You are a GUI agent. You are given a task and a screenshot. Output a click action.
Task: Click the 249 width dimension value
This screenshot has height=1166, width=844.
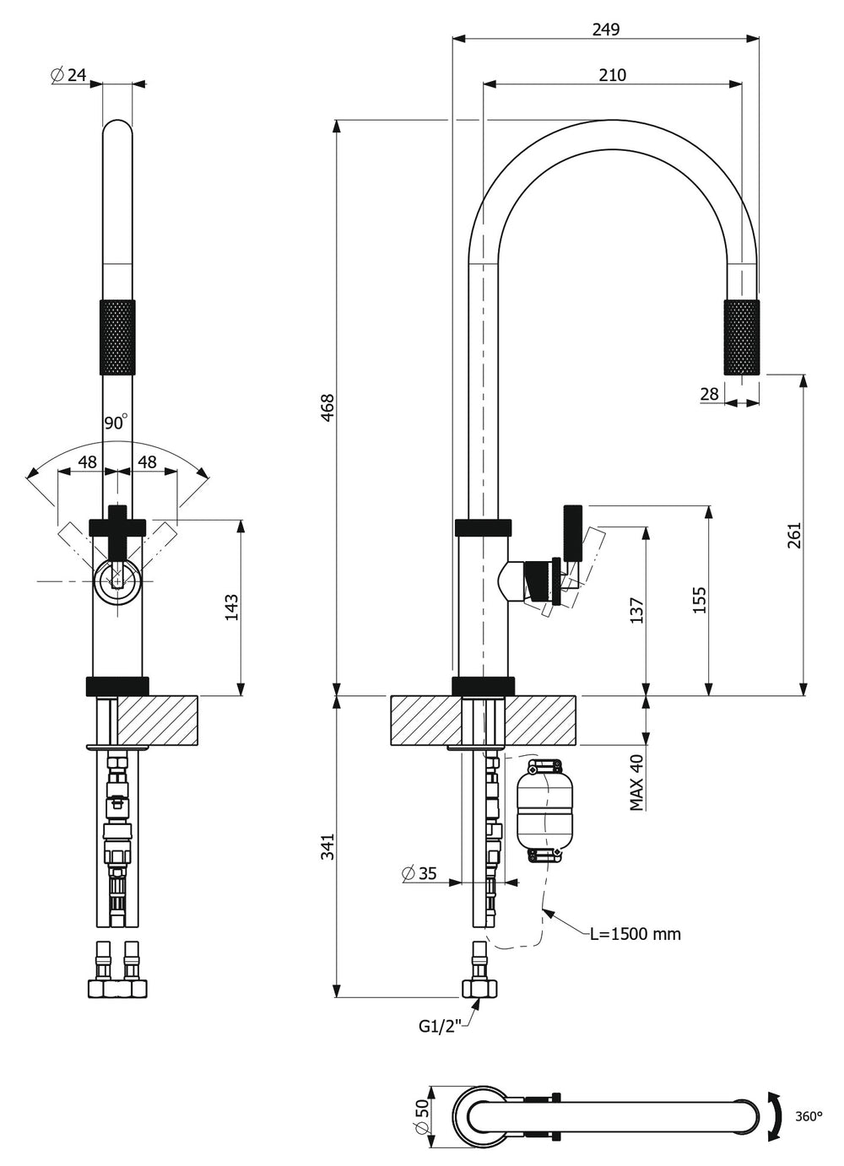(x=606, y=30)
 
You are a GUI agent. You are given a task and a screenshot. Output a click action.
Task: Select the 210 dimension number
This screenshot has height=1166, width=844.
(x=612, y=75)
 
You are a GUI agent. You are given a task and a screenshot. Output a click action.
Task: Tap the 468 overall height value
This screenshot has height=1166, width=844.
(x=327, y=408)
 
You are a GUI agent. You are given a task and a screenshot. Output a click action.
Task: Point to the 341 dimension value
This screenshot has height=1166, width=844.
(x=327, y=847)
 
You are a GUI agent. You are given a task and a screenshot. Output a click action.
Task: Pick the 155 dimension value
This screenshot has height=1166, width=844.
(x=700, y=600)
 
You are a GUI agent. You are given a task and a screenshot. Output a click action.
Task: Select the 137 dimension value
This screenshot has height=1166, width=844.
(x=636, y=611)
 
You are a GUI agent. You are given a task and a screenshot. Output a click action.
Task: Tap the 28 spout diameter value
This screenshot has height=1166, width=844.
(x=709, y=394)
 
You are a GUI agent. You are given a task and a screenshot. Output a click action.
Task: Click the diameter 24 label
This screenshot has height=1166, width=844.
(x=68, y=75)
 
